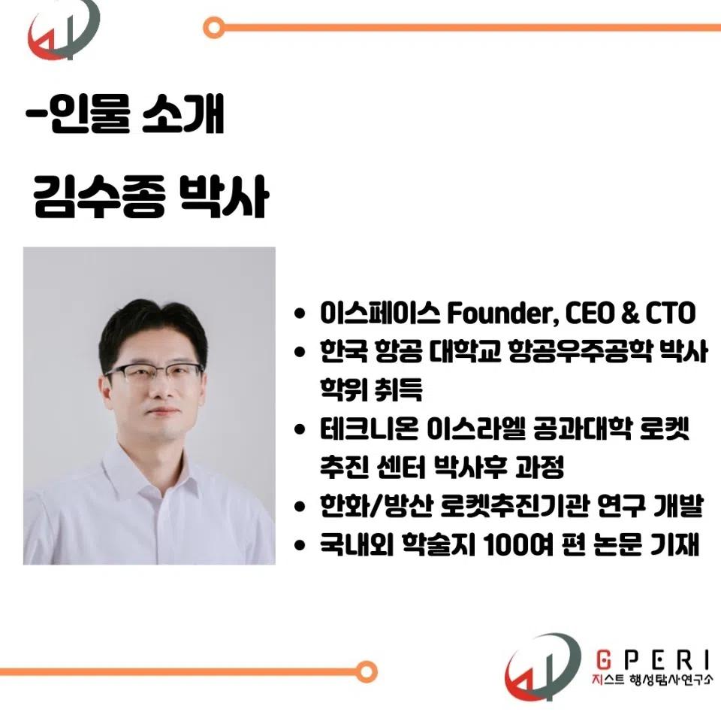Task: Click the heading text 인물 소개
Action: (134, 117)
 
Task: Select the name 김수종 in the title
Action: (96, 198)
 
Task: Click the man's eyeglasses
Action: (155, 374)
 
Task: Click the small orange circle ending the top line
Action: (213, 29)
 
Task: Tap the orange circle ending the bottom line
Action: (367, 671)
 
